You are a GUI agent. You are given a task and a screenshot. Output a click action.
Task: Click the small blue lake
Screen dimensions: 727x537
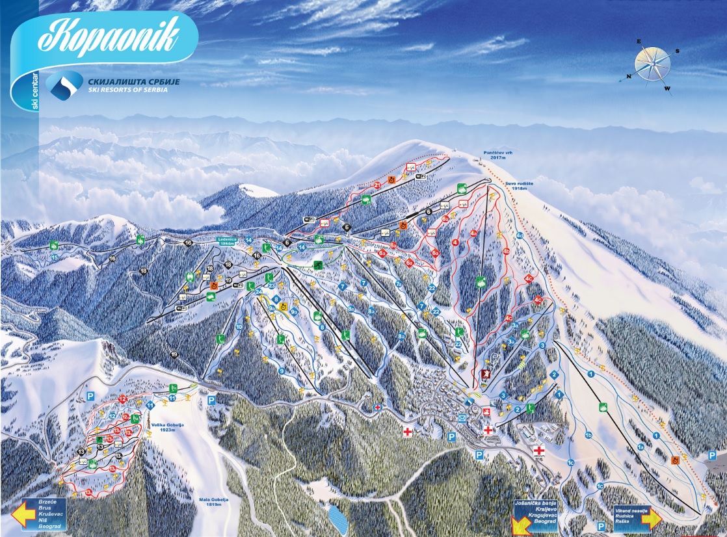pyautogui.click(x=337, y=519)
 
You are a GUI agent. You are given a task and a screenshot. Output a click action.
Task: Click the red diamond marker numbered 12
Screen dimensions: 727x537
pyautogui.click(x=123, y=399)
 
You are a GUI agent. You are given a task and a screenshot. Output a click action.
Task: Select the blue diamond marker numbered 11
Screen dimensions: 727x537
pyautogui.click(x=150, y=406)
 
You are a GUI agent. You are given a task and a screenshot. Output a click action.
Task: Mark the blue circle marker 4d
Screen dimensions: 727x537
pyautogui.click(x=520, y=235)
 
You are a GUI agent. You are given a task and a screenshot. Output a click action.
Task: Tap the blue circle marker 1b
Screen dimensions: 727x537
pyautogui.click(x=588, y=435)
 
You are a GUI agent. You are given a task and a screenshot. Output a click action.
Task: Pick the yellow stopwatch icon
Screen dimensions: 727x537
pyautogui.click(x=282, y=304)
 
